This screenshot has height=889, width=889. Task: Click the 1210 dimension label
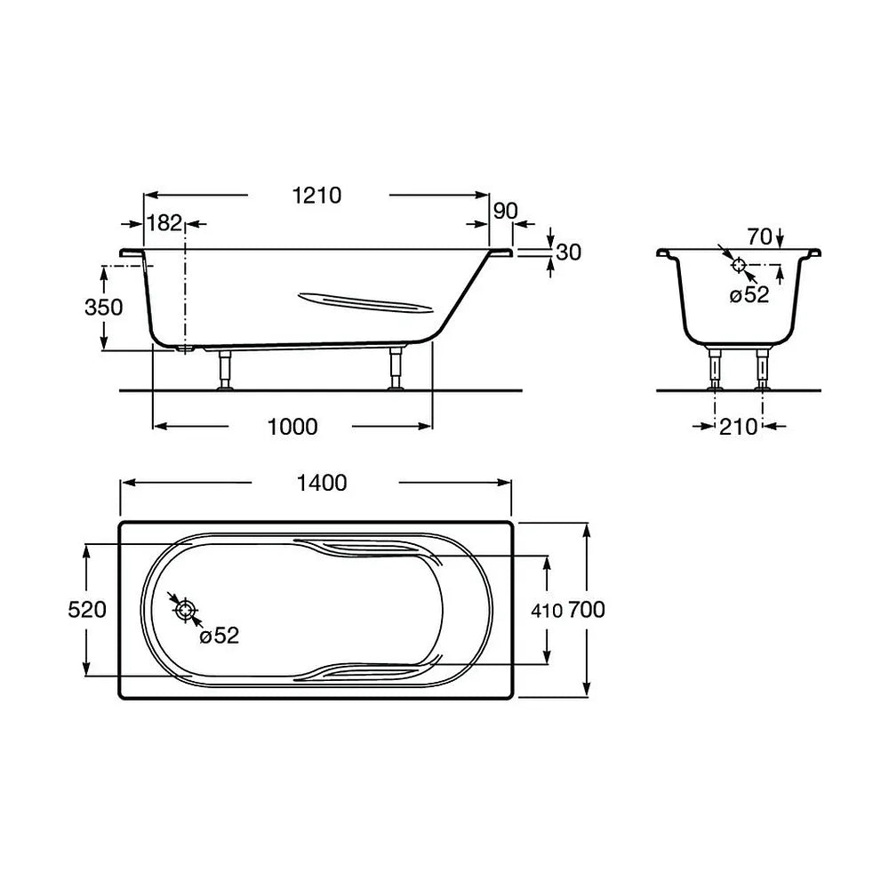pos(316,196)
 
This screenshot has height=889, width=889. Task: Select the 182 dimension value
pos(164,223)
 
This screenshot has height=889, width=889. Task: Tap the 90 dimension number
pos(505,211)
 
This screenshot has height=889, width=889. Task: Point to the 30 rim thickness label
pos(569,252)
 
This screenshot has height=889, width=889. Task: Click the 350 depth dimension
pos(104,308)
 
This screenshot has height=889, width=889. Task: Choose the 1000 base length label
pos(292,427)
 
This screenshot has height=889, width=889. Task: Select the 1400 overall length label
pos(322,483)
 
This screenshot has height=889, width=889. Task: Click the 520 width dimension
pos(87,610)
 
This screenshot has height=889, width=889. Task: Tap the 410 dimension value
pos(547,611)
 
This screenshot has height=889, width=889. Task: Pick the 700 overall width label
pos(586,610)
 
